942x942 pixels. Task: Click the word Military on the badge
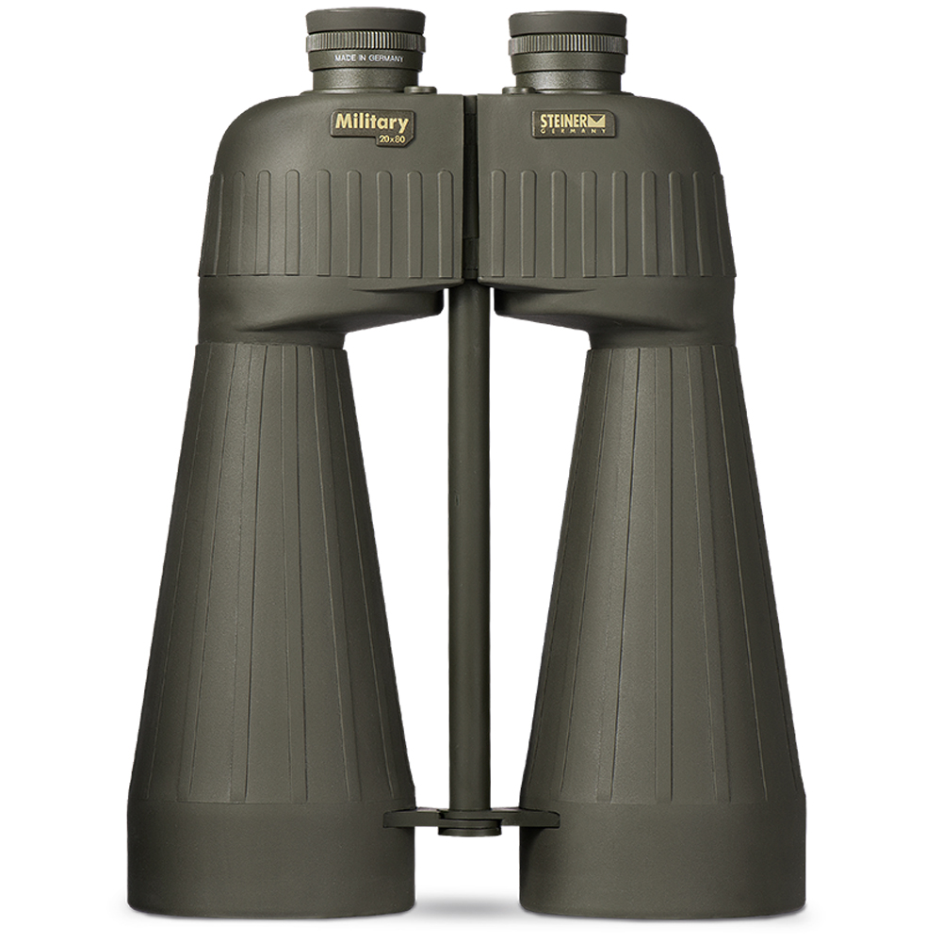[x=371, y=122]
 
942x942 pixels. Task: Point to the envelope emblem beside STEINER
[x=601, y=121]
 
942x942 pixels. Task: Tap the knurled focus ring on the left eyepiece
[x=365, y=42]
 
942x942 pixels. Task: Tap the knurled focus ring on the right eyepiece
[x=567, y=45]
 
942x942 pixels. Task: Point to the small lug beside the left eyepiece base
[x=421, y=89]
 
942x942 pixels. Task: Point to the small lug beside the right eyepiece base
[x=515, y=90]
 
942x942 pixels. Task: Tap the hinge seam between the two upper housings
[x=470, y=188]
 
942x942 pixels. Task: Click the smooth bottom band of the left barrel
[x=273, y=857]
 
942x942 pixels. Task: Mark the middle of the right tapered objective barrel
[x=659, y=565]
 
